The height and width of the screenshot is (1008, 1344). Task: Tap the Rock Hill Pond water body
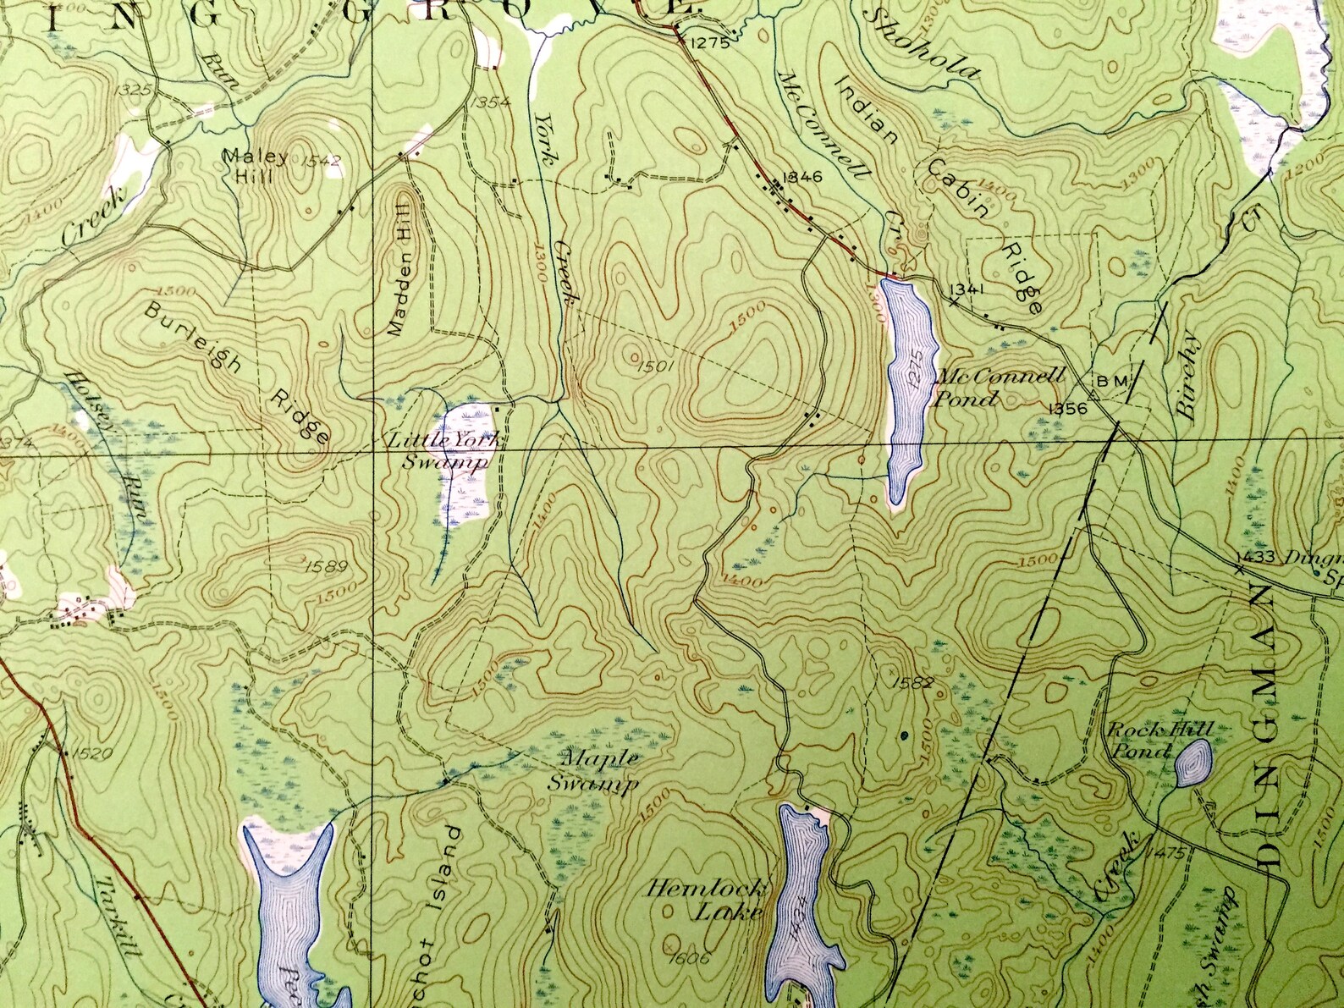(x=1193, y=763)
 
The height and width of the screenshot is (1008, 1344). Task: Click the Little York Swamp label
(x=442, y=451)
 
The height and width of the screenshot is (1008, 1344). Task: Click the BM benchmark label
(x=1111, y=382)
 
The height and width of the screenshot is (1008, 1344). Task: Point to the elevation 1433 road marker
(x=1254, y=557)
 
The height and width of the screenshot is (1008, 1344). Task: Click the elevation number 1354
(x=490, y=103)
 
